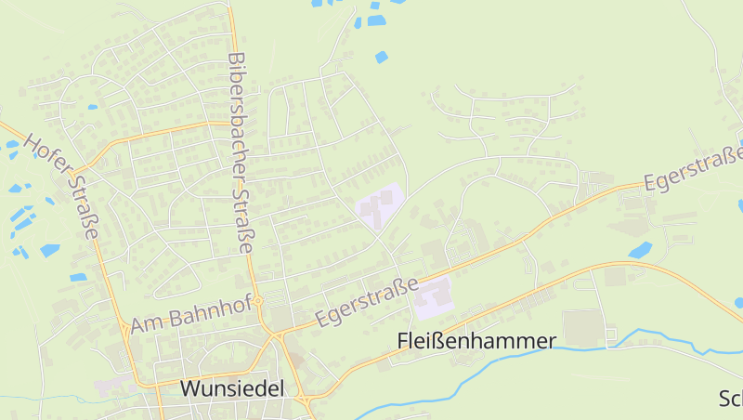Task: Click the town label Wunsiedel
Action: [x=231, y=388]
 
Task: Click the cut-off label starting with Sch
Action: [x=731, y=399]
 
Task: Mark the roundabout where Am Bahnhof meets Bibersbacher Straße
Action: [x=260, y=300]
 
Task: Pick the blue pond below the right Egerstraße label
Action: [x=640, y=250]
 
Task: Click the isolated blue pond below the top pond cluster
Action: [x=381, y=58]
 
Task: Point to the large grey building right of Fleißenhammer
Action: [x=582, y=328]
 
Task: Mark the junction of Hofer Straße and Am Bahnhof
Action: [x=124, y=327]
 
